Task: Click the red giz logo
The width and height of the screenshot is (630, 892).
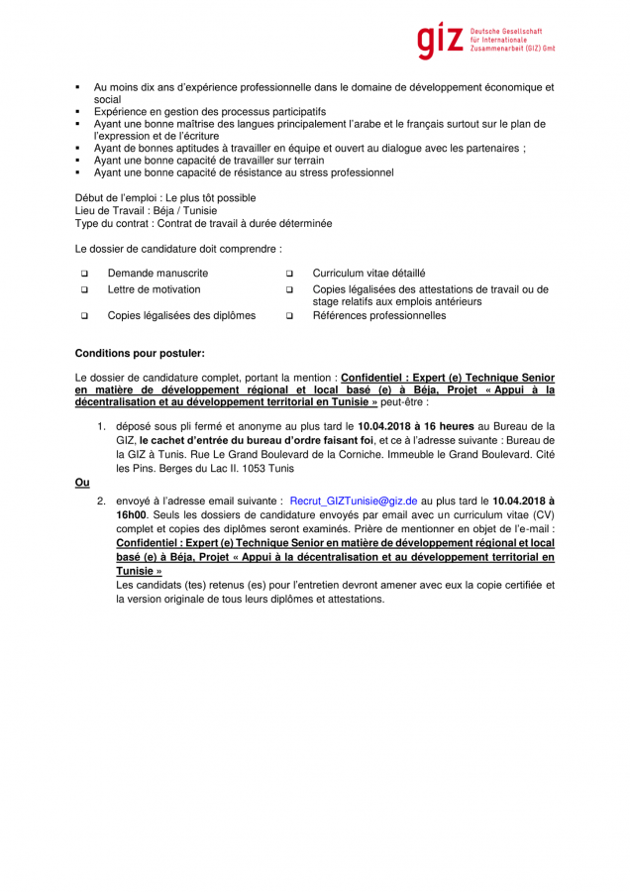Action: (x=439, y=40)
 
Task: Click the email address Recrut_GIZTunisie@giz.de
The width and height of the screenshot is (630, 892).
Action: (x=354, y=502)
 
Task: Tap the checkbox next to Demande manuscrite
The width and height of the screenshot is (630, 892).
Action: (x=84, y=274)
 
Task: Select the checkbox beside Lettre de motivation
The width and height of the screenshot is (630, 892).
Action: (x=84, y=290)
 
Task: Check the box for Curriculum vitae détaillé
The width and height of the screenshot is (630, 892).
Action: (x=289, y=274)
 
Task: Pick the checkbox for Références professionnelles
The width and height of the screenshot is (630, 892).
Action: (x=289, y=316)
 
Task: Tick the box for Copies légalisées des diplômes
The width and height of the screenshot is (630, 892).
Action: (x=84, y=316)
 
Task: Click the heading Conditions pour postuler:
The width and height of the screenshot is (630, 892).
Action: (x=140, y=353)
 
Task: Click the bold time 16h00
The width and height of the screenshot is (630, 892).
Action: (x=131, y=515)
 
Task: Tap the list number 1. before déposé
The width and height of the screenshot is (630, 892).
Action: (x=101, y=426)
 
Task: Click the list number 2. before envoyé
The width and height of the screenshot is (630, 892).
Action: (x=101, y=502)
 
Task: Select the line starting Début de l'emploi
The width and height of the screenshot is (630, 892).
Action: (x=165, y=197)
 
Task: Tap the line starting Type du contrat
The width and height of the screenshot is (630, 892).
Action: (x=203, y=224)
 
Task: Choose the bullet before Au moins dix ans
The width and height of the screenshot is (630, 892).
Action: (x=78, y=87)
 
